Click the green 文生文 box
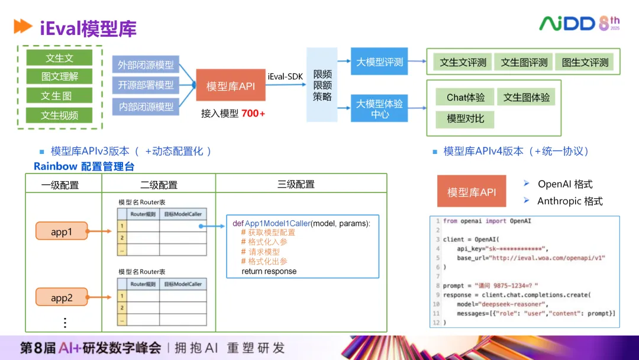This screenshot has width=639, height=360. point(59,58)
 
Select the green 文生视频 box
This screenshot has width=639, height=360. point(59,115)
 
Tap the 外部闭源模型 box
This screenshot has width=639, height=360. point(146,65)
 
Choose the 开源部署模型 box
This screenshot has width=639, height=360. point(146,85)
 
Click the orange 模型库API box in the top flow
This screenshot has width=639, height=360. point(231,86)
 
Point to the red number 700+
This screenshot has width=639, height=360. point(253,113)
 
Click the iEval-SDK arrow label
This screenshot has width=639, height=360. point(285,76)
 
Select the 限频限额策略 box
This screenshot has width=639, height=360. point(322,85)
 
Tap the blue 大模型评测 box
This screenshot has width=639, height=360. point(379,62)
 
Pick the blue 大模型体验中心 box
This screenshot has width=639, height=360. point(379,108)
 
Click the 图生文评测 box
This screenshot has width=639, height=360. point(585,62)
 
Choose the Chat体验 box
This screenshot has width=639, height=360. point(465,98)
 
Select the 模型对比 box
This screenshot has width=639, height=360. point(465,118)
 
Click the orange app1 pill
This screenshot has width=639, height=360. point(62,232)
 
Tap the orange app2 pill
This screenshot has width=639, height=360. point(62,298)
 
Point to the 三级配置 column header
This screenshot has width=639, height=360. point(296,184)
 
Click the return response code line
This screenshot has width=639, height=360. point(269,271)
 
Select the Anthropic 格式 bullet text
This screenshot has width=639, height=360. point(570,201)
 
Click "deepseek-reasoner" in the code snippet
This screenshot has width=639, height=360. point(501,304)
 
